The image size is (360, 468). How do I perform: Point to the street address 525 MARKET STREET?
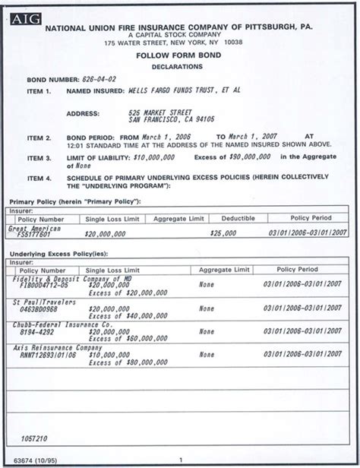(x=159, y=112)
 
